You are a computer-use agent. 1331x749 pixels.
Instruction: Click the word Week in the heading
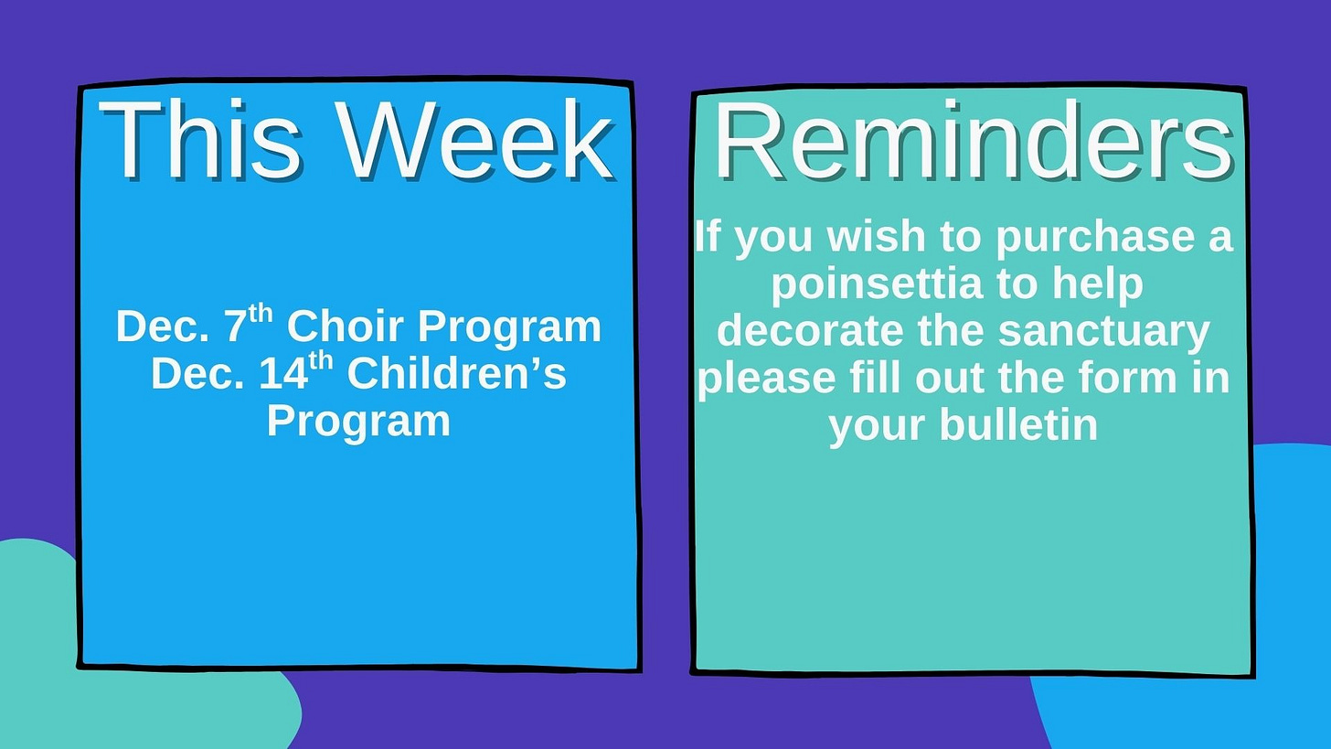click(476, 140)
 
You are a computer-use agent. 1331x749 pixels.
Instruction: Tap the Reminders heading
click(974, 140)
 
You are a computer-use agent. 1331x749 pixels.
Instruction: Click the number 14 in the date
click(284, 374)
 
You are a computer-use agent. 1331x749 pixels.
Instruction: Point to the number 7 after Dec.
click(235, 326)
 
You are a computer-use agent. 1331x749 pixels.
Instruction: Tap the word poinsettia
click(877, 284)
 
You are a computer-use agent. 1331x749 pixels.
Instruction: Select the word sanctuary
click(1104, 331)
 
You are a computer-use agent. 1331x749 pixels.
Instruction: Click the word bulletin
click(1018, 423)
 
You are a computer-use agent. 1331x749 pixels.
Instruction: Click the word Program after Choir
click(510, 327)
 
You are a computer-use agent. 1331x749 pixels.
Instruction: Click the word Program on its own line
click(358, 423)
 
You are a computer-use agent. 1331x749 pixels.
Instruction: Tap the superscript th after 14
click(321, 362)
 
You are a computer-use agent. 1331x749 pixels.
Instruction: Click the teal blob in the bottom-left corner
click(119, 666)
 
